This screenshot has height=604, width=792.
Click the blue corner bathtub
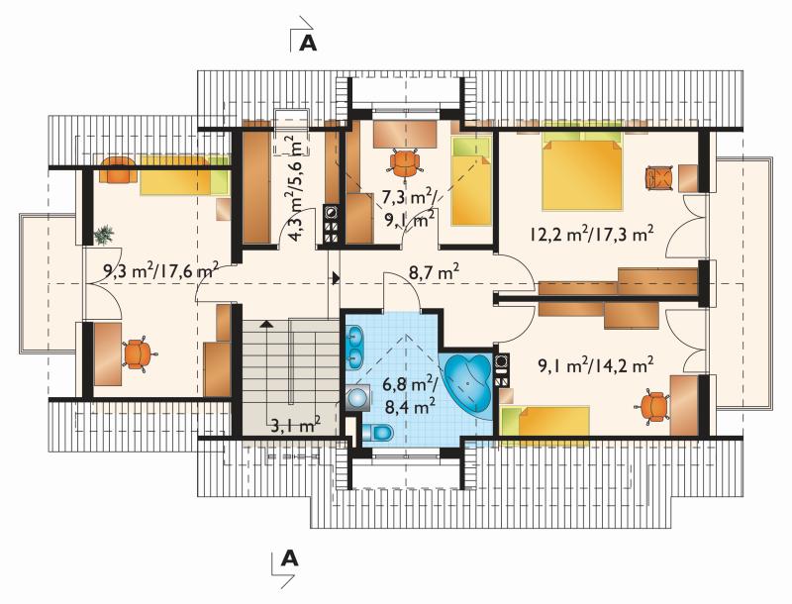point(468,382)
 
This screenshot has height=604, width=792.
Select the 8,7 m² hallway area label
point(435,274)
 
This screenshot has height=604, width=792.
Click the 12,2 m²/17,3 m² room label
point(592,235)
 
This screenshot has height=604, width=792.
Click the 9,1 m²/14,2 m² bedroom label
point(592,365)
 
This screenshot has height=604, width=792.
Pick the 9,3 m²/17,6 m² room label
point(160,271)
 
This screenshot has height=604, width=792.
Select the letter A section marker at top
point(308,43)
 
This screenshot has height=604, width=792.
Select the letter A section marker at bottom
point(289,558)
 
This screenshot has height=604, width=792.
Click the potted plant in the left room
point(104,235)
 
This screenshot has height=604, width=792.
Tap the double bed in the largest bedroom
point(582,169)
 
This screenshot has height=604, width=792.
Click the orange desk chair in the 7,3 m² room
point(405,163)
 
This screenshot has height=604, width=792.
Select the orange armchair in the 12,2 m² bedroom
point(659,178)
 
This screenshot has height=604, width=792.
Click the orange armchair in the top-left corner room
point(117,169)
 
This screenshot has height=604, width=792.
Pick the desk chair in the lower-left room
point(138,353)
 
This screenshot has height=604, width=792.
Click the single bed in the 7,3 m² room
point(472,181)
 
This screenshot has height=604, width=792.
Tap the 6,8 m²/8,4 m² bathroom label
point(410,395)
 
